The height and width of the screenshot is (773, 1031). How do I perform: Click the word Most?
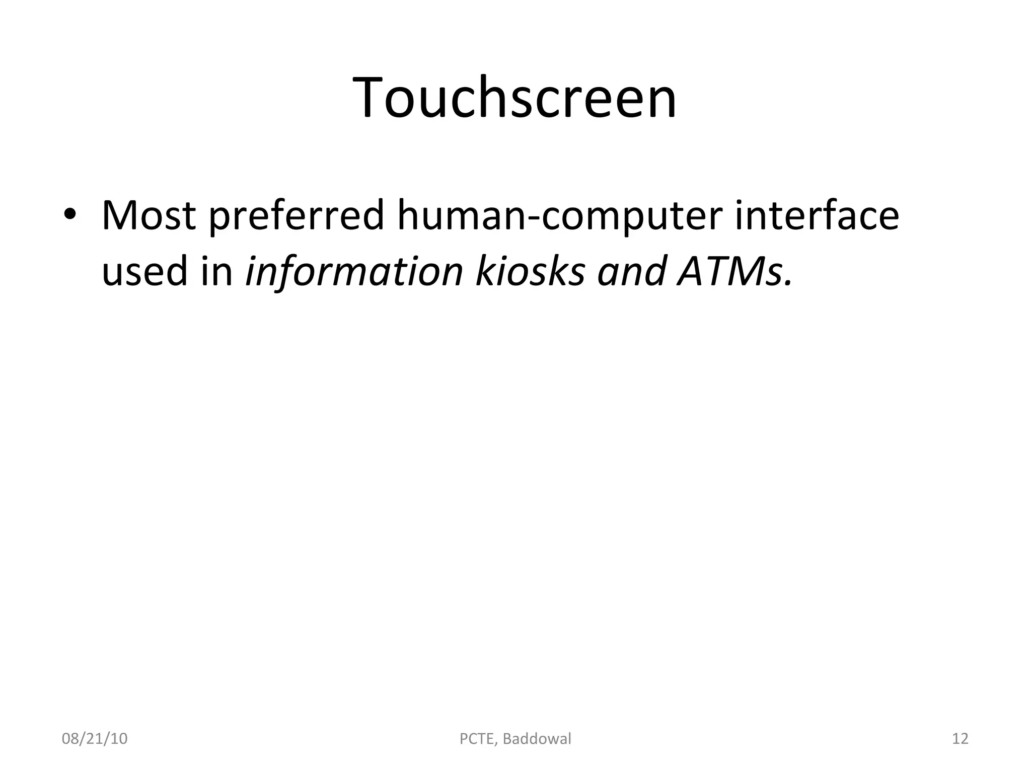point(149,215)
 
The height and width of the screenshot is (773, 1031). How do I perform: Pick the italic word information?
point(354,272)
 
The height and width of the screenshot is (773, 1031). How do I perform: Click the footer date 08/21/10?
point(95,739)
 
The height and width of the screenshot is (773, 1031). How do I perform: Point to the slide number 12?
point(960,739)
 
